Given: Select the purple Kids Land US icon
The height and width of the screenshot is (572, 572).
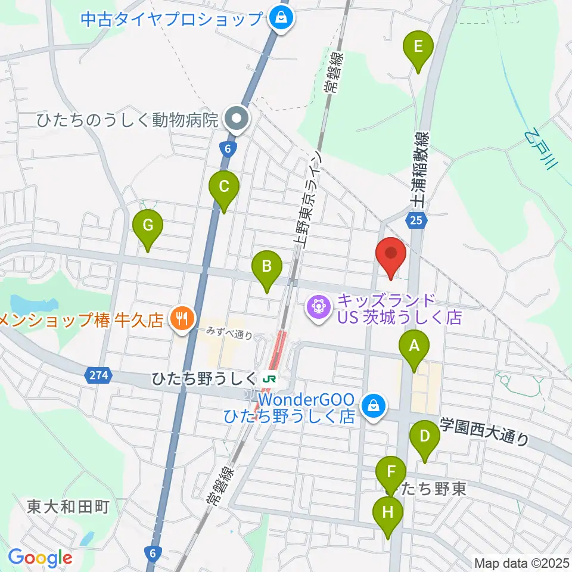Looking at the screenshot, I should pyautogui.click(x=318, y=307).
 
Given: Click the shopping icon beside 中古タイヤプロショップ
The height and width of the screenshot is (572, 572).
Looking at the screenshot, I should pyautogui.click(x=279, y=18).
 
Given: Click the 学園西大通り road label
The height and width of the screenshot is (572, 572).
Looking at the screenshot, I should pyautogui.click(x=484, y=431).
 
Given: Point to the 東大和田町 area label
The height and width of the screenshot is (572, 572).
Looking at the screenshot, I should pyautogui.click(x=68, y=507).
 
